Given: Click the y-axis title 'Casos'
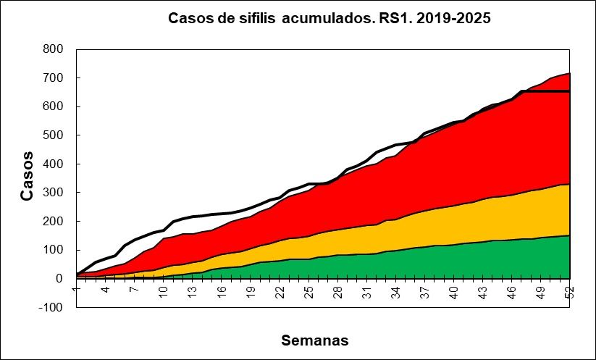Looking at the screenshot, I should tap(27, 176).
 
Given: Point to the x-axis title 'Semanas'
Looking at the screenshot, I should tap(315, 340).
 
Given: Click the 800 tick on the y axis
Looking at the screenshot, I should tap(54, 49).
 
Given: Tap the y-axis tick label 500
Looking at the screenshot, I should tap(54, 135).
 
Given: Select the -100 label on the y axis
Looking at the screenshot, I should tap(51, 307).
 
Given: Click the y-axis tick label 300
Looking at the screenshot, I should tap(54, 193).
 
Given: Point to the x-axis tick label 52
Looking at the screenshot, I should tap(569, 292).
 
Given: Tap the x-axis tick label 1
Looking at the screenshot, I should tap(76, 289).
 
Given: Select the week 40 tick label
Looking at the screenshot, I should tap(453, 292).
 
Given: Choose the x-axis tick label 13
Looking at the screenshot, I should tap(191, 292).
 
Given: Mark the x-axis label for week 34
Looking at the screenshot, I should tap(395, 292).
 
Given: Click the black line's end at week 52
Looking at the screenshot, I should tap(570, 91).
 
